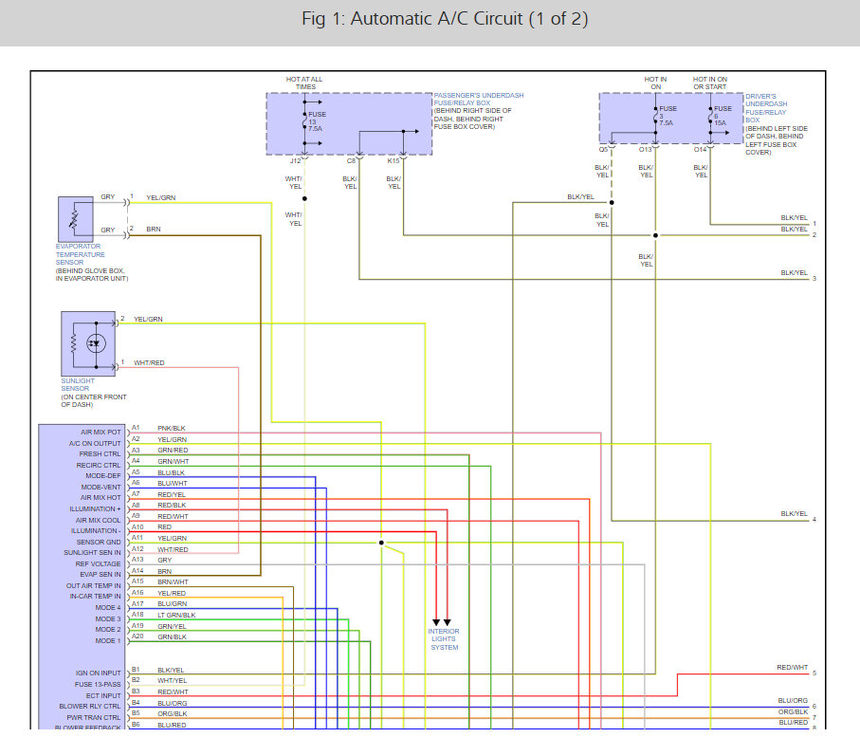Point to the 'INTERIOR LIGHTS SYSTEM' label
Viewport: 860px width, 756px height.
click(x=443, y=639)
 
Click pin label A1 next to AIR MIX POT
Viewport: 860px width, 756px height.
click(x=136, y=428)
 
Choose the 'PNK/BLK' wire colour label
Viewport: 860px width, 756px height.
click(x=171, y=428)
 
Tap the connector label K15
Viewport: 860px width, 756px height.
click(x=393, y=160)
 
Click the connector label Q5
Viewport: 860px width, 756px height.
click(x=603, y=149)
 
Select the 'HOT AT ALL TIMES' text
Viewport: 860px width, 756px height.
click(x=304, y=83)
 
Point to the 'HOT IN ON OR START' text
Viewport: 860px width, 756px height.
click(x=710, y=83)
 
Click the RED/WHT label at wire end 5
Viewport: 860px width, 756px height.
click(x=792, y=668)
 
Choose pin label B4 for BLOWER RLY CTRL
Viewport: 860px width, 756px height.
click(x=136, y=702)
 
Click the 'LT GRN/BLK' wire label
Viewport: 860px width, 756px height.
click(x=175, y=615)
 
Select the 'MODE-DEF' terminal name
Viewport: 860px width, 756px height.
click(x=101, y=475)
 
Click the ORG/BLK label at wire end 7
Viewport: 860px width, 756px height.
click(x=794, y=711)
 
